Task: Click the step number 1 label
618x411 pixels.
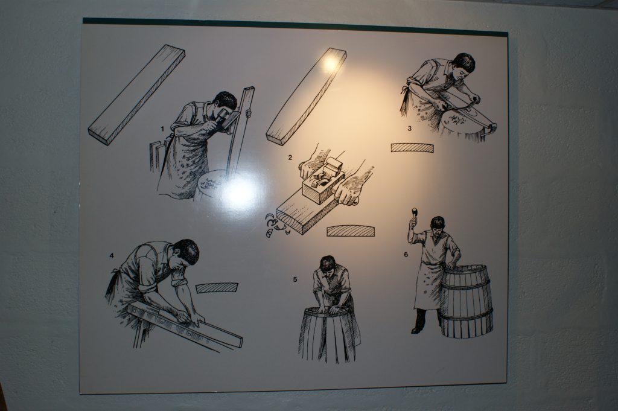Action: coord(162,129)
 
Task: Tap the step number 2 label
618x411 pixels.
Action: coord(290,158)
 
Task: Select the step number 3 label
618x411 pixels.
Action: coord(410,129)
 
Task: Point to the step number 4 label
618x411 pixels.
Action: coord(112,256)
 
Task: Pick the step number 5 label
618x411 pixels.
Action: coord(295,280)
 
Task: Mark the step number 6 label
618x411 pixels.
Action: coord(406,255)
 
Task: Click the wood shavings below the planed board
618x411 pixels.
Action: coord(276,225)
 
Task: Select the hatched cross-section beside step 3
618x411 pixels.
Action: coord(412,148)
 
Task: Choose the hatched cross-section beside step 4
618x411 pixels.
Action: coord(217,288)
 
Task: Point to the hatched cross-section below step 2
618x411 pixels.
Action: coord(351,231)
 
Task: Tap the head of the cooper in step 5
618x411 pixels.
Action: coord(328,263)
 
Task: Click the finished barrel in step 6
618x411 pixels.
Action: coord(467,301)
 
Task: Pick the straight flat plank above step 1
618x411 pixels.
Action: coord(136,95)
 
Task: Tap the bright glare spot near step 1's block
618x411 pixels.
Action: coord(238,192)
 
